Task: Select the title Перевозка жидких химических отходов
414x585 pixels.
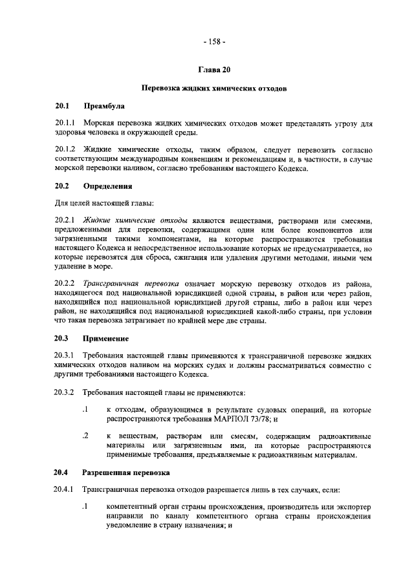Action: (x=214, y=87)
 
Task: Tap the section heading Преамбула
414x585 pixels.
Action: (x=103, y=105)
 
